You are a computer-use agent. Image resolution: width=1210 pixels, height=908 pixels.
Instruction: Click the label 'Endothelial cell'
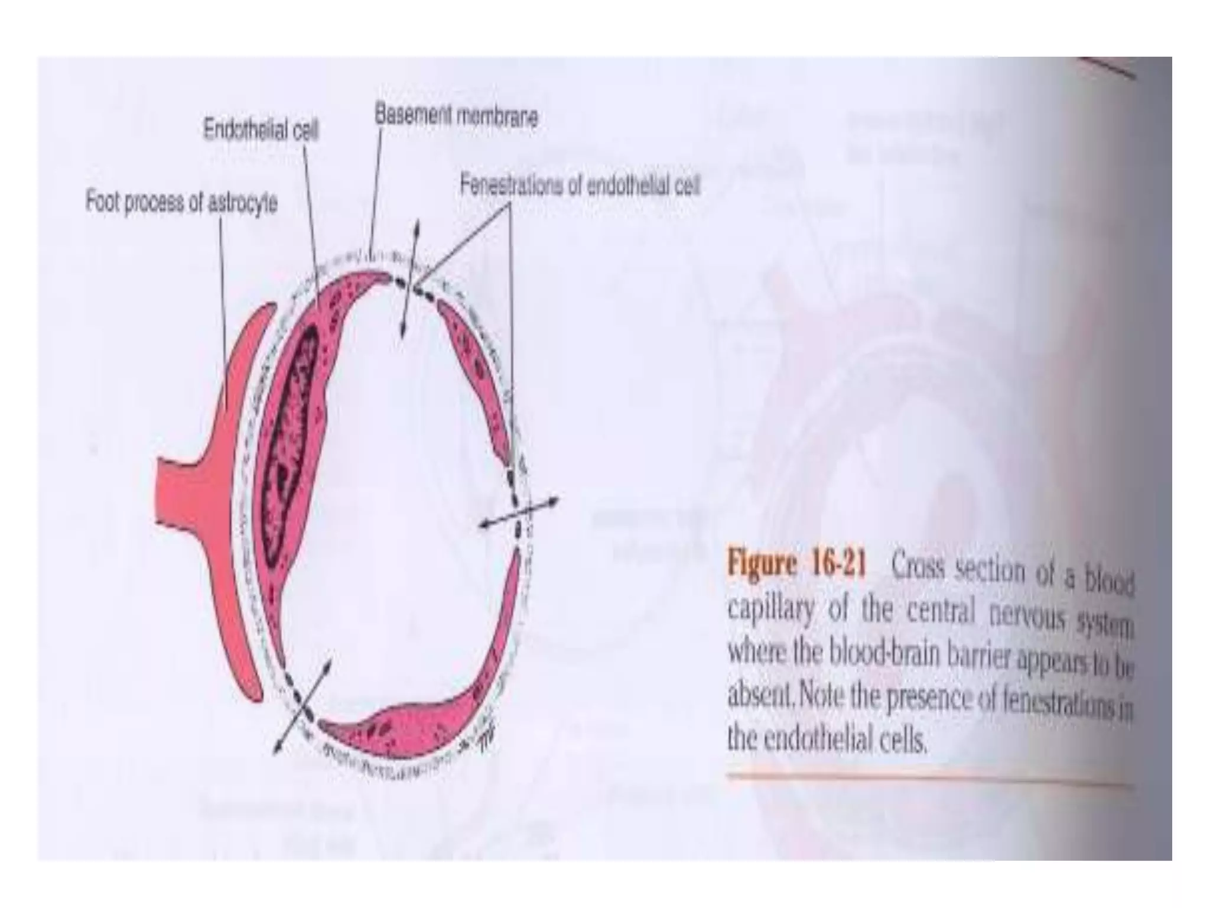(x=261, y=129)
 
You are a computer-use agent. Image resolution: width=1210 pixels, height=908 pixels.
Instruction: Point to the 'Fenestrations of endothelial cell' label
(x=580, y=187)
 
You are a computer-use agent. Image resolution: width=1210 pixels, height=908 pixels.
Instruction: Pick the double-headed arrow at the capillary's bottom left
(x=301, y=706)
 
